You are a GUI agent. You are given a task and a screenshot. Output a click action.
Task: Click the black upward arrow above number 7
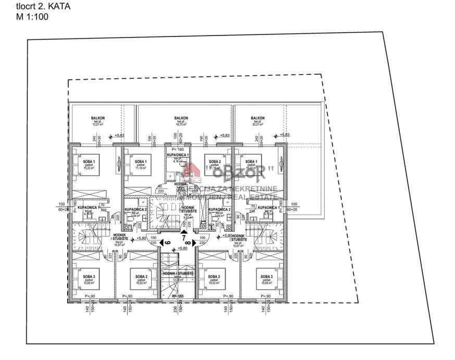tap(183, 231)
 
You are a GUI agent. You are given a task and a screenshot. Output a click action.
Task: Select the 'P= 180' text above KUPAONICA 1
tap(178, 150)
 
